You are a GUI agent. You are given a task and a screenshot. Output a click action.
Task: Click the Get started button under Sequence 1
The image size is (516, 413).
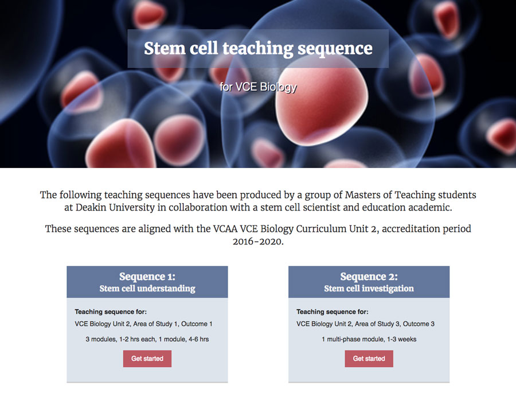point(147,359)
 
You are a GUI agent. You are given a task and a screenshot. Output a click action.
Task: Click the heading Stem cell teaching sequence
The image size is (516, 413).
point(259,48)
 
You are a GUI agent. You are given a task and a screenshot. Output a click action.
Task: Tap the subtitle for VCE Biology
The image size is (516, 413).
point(259,87)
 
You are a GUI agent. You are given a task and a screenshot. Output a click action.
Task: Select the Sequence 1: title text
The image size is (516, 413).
point(147,276)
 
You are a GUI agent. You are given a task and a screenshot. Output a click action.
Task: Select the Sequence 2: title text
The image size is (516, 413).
point(369,276)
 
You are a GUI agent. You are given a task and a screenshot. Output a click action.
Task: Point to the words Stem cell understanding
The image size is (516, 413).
point(147,289)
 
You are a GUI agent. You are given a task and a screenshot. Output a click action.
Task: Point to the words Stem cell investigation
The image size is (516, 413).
point(369,289)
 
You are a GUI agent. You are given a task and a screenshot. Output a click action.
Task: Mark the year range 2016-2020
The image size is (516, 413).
point(258,241)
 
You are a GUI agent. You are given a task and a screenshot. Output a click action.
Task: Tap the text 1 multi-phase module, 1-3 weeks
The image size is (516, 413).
point(369,339)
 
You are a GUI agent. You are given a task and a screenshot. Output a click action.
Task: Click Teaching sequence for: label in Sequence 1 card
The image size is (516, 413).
point(111,311)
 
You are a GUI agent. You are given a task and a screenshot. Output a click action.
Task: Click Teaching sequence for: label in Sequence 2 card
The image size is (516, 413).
point(333,311)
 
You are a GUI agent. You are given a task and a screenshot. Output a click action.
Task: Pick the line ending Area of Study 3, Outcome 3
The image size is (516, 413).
point(365,324)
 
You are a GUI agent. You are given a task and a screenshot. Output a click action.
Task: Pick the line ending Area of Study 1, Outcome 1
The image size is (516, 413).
point(143,324)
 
